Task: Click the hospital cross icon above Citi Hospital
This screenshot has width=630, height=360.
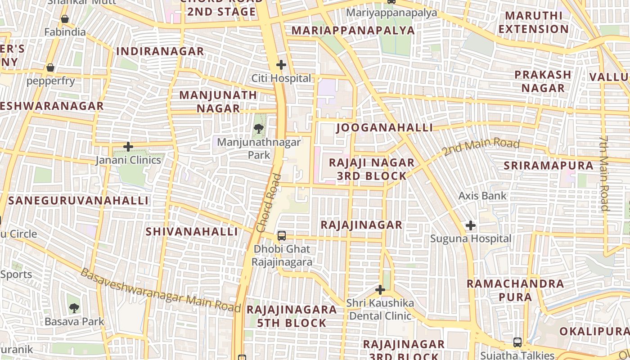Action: point(281,65)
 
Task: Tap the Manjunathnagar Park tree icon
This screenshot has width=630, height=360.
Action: point(259,129)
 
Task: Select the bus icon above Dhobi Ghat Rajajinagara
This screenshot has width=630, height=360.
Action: point(282,235)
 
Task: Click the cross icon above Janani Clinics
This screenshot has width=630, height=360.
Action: point(128,147)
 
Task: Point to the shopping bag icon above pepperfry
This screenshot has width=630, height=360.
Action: point(50,67)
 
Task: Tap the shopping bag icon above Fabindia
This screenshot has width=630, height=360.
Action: point(65,19)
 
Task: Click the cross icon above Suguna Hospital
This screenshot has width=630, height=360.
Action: point(471,225)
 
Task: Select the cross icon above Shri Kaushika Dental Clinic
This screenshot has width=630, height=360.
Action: point(380,290)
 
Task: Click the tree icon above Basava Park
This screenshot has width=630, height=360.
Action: point(74,308)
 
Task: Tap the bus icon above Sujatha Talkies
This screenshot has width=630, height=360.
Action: point(517,342)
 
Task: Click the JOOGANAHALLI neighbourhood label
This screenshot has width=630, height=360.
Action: point(384,128)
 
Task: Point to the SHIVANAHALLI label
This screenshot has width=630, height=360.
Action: point(192,232)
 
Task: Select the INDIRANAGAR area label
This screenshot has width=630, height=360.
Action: point(160,51)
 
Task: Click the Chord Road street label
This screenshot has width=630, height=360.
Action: point(269,203)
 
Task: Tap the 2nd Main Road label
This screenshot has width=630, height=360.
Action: point(481,147)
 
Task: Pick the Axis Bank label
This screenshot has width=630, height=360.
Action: point(482,196)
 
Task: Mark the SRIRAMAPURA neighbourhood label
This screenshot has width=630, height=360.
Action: point(549,166)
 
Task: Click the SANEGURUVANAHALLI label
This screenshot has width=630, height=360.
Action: point(78,201)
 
